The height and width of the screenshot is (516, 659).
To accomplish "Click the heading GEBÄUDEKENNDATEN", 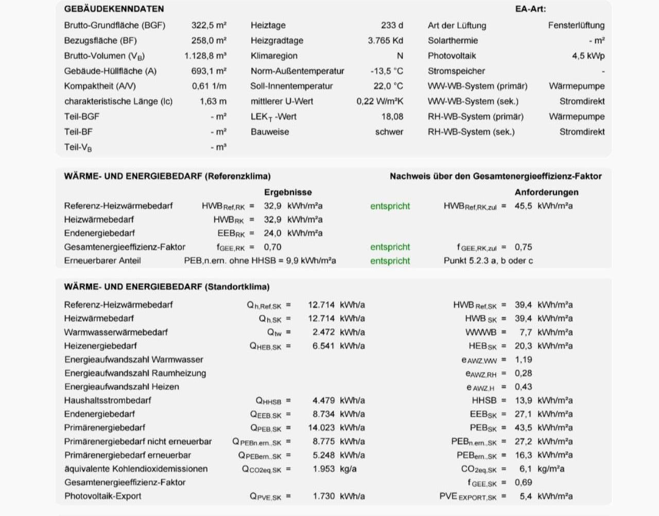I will click(114, 9).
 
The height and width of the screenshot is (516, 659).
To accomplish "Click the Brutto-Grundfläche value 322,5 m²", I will click(209, 25).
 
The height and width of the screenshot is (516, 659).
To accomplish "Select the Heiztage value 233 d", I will click(392, 25).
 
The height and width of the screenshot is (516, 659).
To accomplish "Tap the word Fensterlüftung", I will click(576, 25).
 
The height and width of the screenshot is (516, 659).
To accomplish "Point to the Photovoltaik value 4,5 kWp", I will click(588, 56).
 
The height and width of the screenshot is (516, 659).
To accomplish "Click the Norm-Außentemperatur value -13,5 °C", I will click(387, 71).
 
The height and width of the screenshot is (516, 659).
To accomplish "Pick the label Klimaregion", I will click(274, 56).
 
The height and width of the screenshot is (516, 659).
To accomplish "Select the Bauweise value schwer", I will click(389, 132).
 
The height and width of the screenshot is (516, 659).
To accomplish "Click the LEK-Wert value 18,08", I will click(392, 117).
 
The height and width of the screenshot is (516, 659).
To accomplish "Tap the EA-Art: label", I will click(530, 9).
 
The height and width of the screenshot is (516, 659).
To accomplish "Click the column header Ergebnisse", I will click(288, 192).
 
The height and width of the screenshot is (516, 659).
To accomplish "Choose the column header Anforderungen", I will click(546, 192).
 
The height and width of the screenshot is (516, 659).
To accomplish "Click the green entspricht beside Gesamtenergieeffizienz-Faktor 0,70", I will click(390, 247).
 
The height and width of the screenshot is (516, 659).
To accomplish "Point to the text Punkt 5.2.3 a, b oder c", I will click(488, 261).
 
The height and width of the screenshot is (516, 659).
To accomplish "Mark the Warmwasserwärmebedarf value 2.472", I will click(323, 332).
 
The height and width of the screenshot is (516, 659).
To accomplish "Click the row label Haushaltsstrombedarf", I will click(108, 400).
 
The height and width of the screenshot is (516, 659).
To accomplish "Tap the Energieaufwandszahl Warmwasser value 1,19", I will click(523, 360).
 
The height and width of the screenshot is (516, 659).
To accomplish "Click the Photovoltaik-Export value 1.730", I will click(323, 496).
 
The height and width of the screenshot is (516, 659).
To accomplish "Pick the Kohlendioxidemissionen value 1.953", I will click(323, 469).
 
